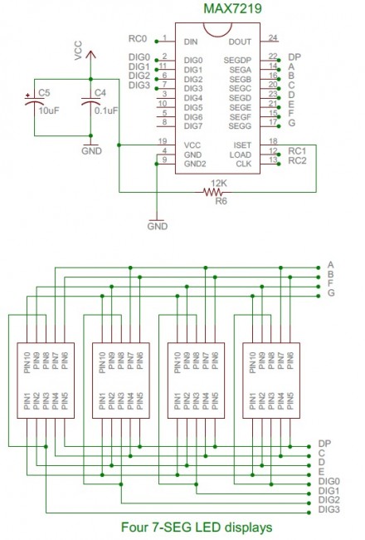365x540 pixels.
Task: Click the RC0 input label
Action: coord(138,39)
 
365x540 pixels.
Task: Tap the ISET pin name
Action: coord(243,145)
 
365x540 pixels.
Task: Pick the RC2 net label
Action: coord(297,160)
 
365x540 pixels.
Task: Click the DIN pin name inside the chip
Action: coord(191,40)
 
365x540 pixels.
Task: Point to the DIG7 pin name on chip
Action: coord(192,125)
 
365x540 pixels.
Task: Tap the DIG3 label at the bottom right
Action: coord(329,509)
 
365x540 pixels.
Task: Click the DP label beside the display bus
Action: coord(324,444)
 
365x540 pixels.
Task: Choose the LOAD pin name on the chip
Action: coord(241,154)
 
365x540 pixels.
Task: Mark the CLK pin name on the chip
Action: coord(244,164)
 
